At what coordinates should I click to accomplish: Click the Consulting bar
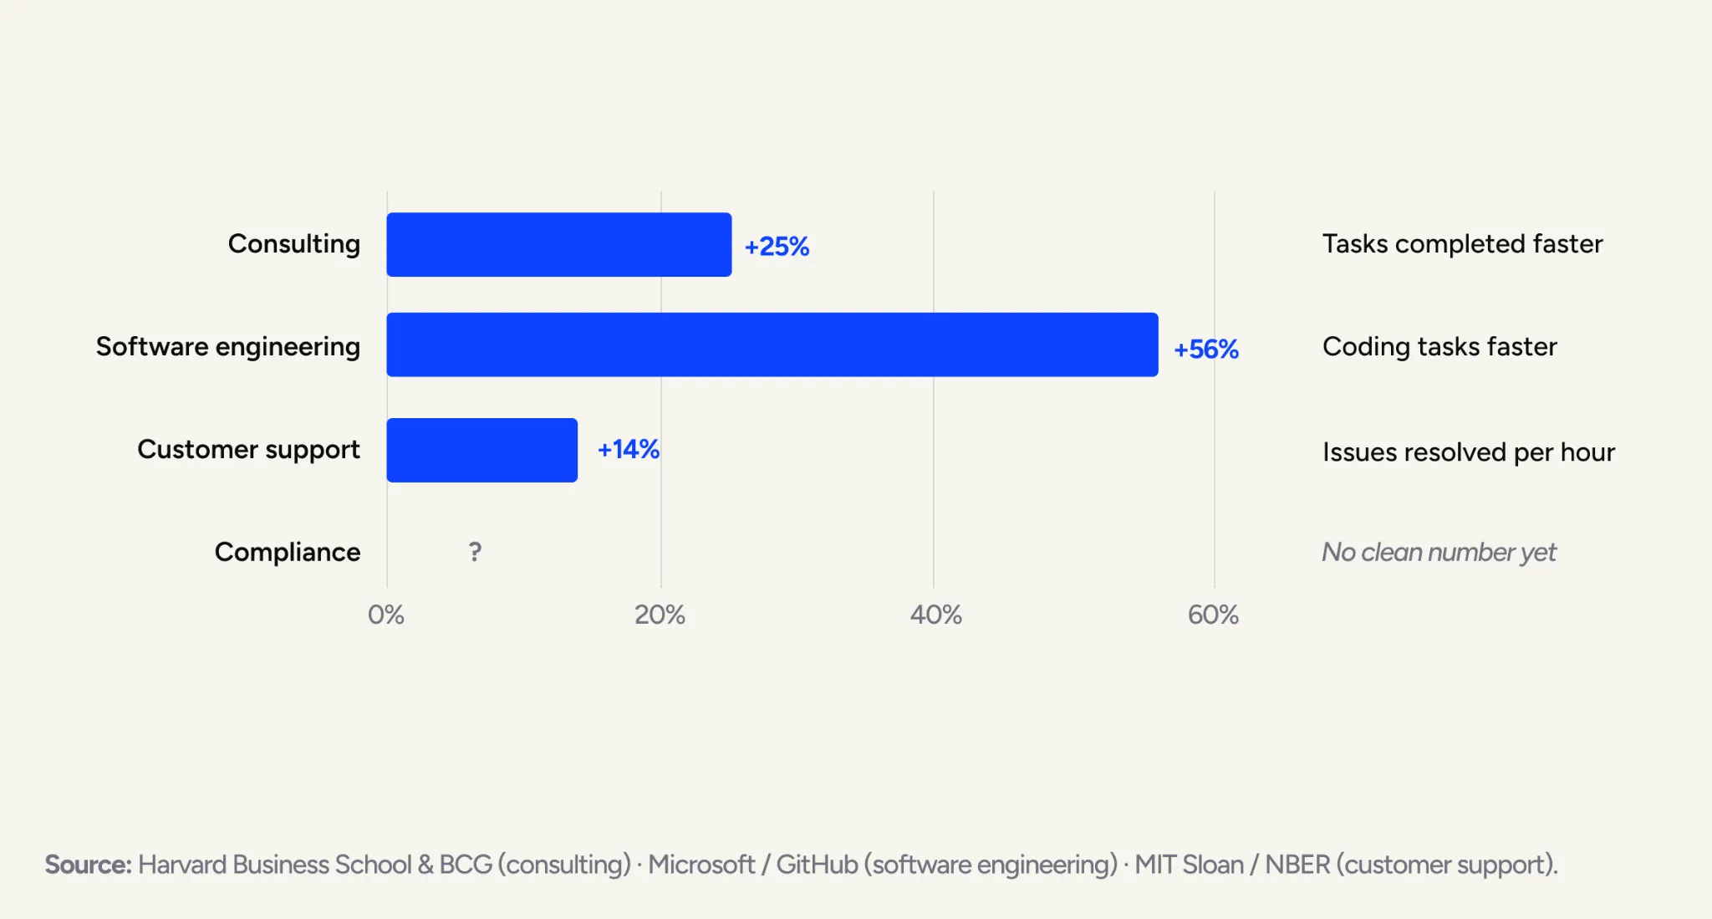[x=559, y=244]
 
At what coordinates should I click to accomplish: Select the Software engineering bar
[x=772, y=345]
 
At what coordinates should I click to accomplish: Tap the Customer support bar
[x=482, y=450]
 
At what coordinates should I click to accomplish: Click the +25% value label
[x=777, y=247]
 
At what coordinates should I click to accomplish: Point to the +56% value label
[x=1206, y=350]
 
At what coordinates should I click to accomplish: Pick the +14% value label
[x=629, y=450]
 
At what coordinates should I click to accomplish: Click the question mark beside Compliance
[x=475, y=552]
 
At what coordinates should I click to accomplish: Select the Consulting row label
[x=294, y=244]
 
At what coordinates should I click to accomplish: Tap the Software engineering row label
[x=228, y=347]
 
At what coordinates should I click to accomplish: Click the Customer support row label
[x=248, y=450]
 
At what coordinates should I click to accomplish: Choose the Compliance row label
[x=288, y=553]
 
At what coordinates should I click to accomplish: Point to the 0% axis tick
[x=386, y=615]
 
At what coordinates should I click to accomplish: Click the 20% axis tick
[x=660, y=615]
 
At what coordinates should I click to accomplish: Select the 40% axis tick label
[x=935, y=615]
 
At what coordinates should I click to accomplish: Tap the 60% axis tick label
[x=1213, y=615]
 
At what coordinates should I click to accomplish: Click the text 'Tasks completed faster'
[x=1463, y=244]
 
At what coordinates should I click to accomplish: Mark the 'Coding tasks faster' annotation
[x=1439, y=347]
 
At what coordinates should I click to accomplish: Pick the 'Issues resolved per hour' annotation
[x=1469, y=452]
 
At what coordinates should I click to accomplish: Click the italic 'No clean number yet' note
[x=1439, y=553]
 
